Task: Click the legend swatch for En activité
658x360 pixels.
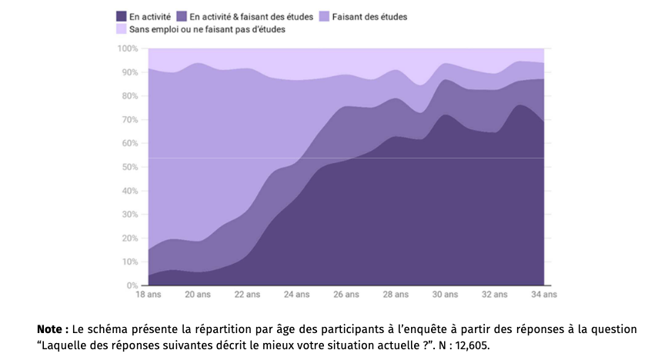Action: pos(122,16)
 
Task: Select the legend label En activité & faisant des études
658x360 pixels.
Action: pos(251,16)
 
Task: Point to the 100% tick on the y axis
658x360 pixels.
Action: pos(128,48)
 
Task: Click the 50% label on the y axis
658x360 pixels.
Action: pos(129,167)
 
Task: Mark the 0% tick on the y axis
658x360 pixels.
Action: pos(132,285)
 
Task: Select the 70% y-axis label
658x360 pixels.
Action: pos(129,120)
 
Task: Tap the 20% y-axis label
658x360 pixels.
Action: pos(129,238)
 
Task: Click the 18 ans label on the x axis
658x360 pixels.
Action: pos(149,295)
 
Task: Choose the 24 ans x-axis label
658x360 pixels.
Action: pos(297,295)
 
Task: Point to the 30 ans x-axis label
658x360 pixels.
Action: pos(446,295)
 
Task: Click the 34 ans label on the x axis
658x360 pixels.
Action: pos(544,295)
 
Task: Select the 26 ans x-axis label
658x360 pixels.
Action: pos(346,295)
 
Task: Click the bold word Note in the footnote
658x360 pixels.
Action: pos(51,329)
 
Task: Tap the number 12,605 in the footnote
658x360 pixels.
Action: pos(470,345)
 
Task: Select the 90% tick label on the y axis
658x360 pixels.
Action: pos(129,72)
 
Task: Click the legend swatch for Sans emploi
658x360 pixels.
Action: pos(122,29)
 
